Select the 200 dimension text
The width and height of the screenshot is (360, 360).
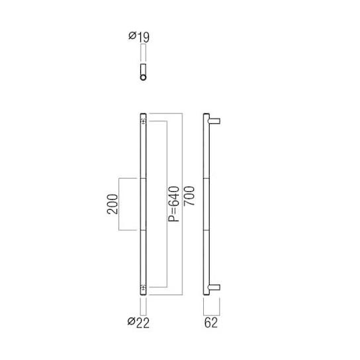tap(112, 204)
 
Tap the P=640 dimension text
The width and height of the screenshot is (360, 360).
tap(173, 204)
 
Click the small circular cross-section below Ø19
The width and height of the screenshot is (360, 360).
tap(143, 77)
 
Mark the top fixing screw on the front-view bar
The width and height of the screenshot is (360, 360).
tap(143, 120)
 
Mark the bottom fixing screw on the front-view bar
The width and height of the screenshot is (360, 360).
tap(143, 287)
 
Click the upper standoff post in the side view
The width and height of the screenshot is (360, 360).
tap(214, 120)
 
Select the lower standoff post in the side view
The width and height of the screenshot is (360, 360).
tap(214, 287)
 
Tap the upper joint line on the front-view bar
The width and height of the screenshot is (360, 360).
tap(143, 178)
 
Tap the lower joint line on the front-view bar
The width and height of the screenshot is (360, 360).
tap(143, 230)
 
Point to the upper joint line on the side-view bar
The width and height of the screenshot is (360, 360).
tap(205, 178)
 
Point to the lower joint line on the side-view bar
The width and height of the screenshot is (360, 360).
tap(205, 230)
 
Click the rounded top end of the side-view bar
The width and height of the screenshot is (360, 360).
tap(205, 115)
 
